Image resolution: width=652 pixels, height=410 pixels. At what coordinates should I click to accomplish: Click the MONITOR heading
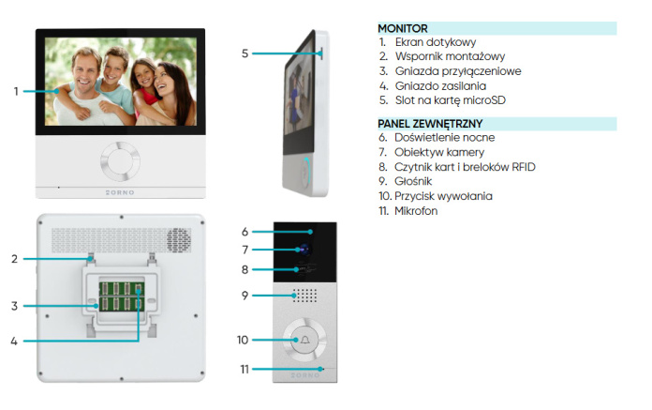click(x=403, y=28)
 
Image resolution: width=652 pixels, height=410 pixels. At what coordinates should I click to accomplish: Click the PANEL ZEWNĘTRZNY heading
click(x=430, y=124)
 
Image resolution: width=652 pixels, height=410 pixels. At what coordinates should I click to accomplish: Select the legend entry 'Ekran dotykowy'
click(x=436, y=42)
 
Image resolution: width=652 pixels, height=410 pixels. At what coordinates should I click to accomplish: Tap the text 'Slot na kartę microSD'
click(x=451, y=100)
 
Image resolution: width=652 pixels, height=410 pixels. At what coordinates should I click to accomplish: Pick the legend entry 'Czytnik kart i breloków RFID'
click(x=465, y=167)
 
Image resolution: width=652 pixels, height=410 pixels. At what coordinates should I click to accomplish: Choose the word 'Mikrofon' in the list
click(x=416, y=211)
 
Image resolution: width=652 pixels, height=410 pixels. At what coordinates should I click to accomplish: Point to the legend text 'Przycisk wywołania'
click(x=443, y=196)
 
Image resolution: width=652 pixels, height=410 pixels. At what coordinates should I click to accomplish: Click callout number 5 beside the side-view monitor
click(x=244, y=53)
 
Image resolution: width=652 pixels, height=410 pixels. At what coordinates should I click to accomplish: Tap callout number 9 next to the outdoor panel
click(x=244, y=296)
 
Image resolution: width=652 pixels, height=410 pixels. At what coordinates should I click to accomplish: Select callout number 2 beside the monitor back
click(x=15, y=259)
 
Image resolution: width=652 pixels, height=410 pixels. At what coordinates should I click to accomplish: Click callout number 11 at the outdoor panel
click(x=244, y=370)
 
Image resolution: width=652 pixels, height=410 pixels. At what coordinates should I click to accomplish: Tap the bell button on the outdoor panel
click(x=304, y=340)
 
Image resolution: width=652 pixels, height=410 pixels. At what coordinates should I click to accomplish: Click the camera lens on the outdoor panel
click(x=304, y=250)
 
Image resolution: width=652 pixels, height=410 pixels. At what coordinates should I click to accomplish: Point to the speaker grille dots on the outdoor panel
click(x=305, y=296)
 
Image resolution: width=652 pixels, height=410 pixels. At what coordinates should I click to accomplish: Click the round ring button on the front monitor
click(x=120, y=161)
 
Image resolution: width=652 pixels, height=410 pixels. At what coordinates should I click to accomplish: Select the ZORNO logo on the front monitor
click(x=120, y=192)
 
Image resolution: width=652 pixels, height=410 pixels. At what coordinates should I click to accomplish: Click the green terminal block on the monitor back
click(x=122, y=296)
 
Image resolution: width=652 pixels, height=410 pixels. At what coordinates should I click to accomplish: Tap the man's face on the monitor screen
click(x=85, y=71)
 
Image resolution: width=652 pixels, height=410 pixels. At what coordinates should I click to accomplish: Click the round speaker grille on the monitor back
click(x=179, y=240)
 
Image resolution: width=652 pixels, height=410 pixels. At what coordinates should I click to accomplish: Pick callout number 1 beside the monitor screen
click(x=16, y=91)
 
